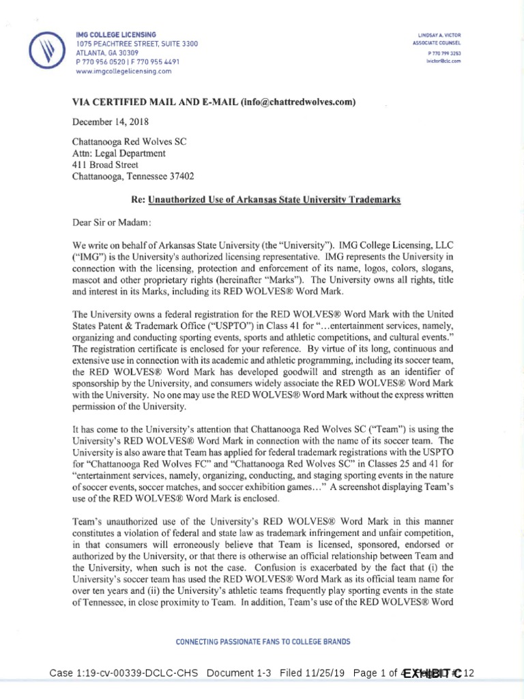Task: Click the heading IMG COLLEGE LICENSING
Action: pos(116,34)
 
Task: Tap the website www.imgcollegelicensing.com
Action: pos(123,70)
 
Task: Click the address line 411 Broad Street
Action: pos(105,165)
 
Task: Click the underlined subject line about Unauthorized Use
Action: pos(274,199)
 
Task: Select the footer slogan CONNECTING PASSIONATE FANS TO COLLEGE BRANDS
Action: pos(263,642)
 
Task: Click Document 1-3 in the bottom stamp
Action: pos(239,674)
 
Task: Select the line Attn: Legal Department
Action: pos(119,154)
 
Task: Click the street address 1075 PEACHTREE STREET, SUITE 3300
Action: pos(136,44)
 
